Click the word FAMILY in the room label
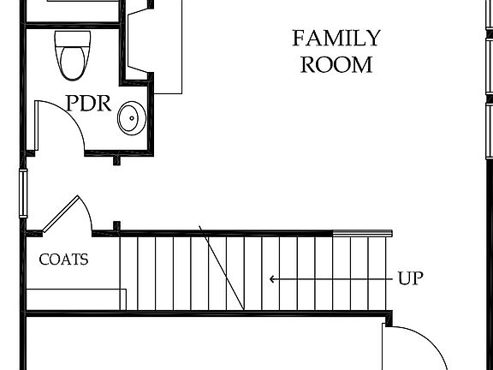coord(336,39)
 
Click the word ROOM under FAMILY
coord(336,64)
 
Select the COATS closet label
coord(63,260)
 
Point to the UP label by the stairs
coord(411,278)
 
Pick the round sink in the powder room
coord(131,118)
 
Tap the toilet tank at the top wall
coord(72,38)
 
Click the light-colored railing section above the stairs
coord(362,232)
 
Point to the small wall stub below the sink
coord(117,158)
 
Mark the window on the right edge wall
coord(490,128)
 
